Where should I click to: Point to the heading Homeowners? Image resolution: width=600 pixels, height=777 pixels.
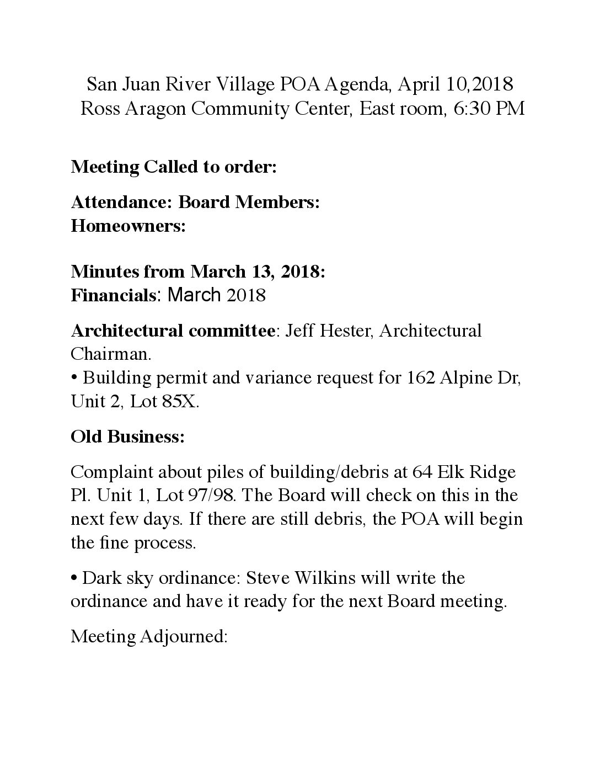(128, 226)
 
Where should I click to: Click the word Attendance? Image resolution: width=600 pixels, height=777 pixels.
(122, 203)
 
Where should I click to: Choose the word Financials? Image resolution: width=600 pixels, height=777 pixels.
(113, 295)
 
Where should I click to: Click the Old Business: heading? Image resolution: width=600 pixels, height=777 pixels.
(127, 437)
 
